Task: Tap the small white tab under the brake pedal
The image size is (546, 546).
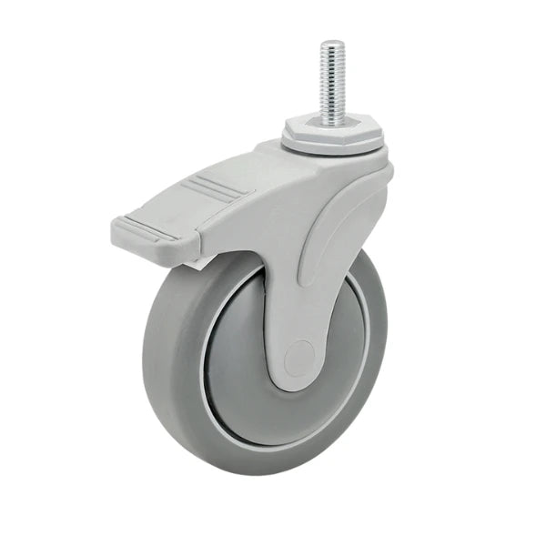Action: point(196,264)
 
